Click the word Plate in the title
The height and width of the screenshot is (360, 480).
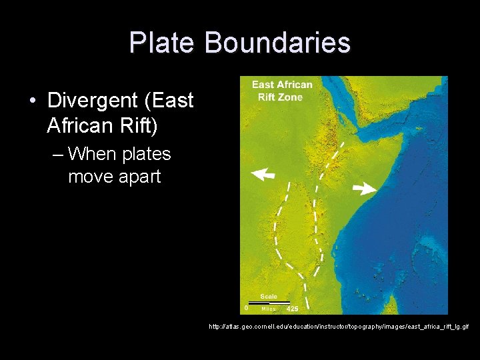pyautogui.click(x=162, y=43)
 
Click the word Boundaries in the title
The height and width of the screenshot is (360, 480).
pyautogui.click(x=277, y=43)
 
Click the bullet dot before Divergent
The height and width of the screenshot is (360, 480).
pyautogui.click(x=33, y=101)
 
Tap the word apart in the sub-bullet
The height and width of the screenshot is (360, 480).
pyautogui.click(x=137, y=177)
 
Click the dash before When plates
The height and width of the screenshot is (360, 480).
pyautogui.click(x=57, y=155)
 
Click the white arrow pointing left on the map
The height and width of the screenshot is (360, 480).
pyautogui.click(x=263, y=175)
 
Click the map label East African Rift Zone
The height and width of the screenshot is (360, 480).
pyautogui.click(x=281, y=91)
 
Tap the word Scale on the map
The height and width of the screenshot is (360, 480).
pyautogui.click(x=269, y=297)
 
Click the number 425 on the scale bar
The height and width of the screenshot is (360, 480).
pyautogui.click(x=292, y=309)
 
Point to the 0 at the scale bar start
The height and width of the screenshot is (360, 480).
pyautogui.click(x=246, y=308)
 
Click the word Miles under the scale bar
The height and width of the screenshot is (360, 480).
pyautogui.click(x=268, y=309)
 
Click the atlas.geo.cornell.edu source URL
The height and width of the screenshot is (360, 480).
pyautogui.click(x=339, y=327)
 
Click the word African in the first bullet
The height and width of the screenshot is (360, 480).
pyautogui.click(x=79, y=124)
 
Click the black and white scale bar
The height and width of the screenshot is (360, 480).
pyautogui.click(x=269, y=303)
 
